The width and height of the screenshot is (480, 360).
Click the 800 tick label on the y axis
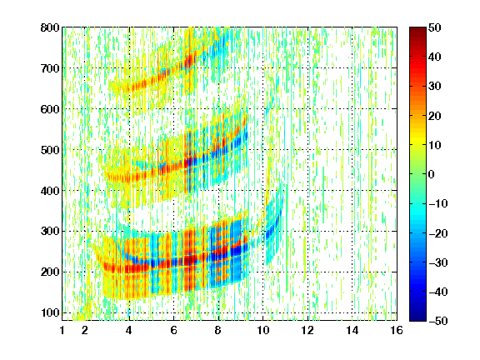point(50,27)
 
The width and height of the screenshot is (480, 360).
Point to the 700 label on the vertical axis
point(50,68)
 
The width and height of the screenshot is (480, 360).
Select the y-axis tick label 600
point(50,109)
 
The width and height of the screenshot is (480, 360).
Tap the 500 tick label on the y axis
point(50,150)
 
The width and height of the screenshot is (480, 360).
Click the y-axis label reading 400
point(50,191)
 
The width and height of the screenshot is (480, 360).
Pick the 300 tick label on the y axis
point(50,232)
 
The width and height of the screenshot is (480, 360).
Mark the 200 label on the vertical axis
point(50,272)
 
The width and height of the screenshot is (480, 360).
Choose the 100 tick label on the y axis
point(50,312)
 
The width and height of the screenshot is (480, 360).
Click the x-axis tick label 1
point(62,330)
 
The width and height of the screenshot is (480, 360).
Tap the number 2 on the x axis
point(85,330)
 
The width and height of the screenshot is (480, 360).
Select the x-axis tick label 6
point(173,330)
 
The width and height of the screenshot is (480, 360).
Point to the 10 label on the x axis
point(262,330)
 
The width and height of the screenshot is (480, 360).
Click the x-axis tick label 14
point(352,330)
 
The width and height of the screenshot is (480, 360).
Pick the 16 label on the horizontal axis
point(397,330)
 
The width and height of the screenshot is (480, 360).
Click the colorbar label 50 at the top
point(435,27)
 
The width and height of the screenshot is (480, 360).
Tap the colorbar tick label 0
point(432,174)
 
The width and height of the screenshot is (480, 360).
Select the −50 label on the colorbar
point(438,321)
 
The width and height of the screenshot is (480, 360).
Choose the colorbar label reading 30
point(435,87)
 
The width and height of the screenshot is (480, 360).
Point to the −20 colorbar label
point(438,233)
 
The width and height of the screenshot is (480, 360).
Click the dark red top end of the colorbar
point(417,29)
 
